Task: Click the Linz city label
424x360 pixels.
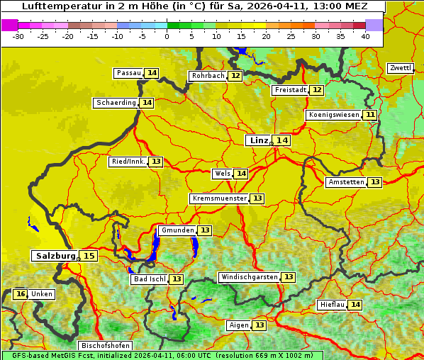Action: click(258, 140)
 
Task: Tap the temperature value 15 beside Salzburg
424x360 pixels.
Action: click(89, 256)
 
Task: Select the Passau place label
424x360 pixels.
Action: click(128, 73)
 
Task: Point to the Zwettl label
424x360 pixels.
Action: click(401, 68)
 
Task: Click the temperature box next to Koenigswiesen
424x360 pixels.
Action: click(370, 115)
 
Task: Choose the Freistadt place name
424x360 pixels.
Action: click(289, 90)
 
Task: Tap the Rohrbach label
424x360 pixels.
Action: click(208, 76)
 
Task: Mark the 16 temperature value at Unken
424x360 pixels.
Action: click(21, 294)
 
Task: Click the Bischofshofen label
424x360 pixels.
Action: click(105, 346)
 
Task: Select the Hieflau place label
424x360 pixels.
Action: click(332, 305)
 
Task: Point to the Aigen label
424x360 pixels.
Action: click(239, 325)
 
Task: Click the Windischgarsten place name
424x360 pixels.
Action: click(248, 277)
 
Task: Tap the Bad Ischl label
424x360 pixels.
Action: click(149, 279)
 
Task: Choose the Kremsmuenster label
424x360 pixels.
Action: click(219, 198)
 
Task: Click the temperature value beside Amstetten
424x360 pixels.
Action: click(374, 182)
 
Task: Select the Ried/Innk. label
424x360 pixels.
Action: click(128, 162)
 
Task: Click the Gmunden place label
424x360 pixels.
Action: click(177, 230)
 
